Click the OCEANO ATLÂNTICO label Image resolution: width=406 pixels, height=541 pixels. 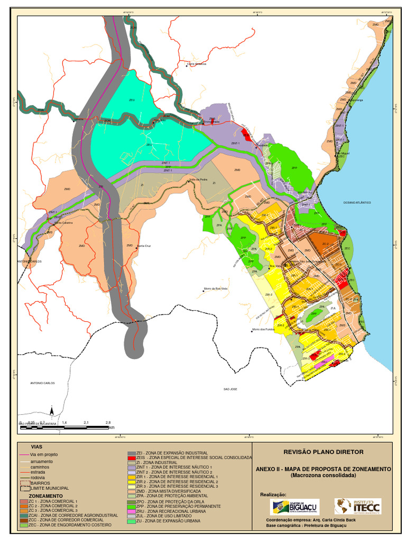click(x=357, y=202)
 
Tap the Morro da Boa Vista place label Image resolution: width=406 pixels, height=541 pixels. click(x=215, y=288)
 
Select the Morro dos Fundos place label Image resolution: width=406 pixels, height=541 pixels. click(x=263, y=329)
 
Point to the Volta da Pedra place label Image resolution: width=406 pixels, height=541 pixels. click(x=198, y=180)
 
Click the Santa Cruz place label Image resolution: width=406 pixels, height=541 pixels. click(x=144, y=246)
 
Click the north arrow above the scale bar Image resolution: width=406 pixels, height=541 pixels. click(x=52, y=411)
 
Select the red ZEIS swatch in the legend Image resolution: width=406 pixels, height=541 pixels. click(x=132, y=458)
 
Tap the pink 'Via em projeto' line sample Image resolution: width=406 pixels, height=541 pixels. click(x=24, y=454)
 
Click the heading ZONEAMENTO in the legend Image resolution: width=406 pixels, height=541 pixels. click(x=46, y=496)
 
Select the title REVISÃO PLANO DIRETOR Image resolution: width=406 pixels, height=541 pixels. click(x=324, y=452)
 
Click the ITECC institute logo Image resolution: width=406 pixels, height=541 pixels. click(x=357, y=506)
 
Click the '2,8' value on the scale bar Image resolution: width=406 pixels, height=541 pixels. click(x=108, y=423)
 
